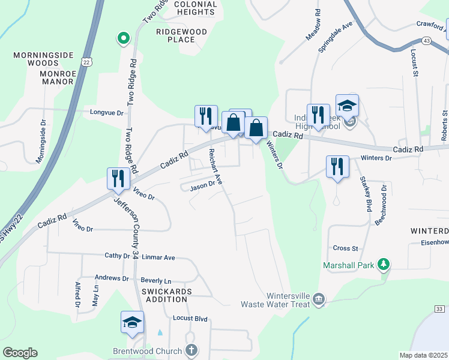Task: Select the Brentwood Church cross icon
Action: click(191, 350)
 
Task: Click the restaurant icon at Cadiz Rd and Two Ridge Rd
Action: click(118, 178)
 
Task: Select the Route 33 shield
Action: click(440, 308)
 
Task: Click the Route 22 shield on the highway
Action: click(88, 62)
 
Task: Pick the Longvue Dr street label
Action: click(106, 113)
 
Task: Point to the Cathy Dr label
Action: click(117, 256)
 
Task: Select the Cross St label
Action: click(345, 248)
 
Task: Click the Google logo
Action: click(20, 353)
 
